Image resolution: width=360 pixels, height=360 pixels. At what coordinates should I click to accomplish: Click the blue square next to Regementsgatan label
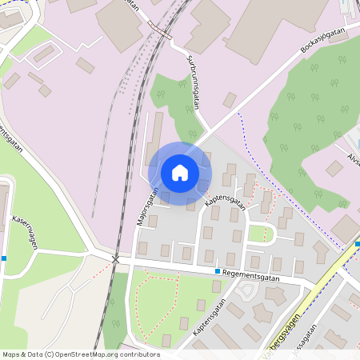pyautogui.click(x=218, y=271)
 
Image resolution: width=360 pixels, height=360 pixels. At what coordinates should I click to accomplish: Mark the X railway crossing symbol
pyautogui.click(x=116, y=260)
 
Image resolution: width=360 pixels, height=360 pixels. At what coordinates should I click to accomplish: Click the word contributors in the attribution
pyautogui.click(x=139, y=354)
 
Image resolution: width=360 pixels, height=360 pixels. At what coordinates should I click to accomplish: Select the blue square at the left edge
pyautogui.click(x=4, y=258)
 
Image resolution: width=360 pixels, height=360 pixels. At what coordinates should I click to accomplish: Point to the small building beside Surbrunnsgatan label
pyautogui.click(x=230, y=100)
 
